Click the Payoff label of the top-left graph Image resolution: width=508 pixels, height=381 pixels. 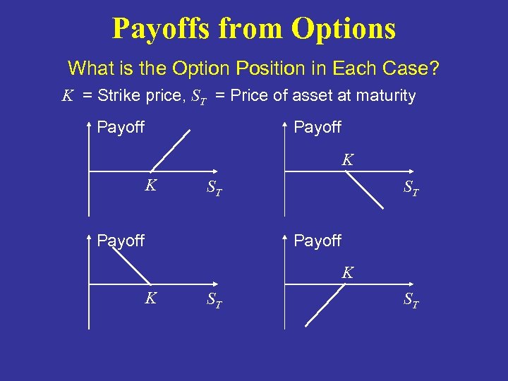click(x=121, y=128)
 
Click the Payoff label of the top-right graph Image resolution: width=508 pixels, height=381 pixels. click(x=317, y=128)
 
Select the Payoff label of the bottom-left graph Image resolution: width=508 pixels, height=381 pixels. click(x=121, y=241)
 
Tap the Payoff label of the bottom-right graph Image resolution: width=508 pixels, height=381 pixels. click(x=317, y=241)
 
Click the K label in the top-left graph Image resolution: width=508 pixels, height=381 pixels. click(x=150, y=186)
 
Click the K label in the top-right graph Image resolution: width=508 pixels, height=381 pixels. click(x=348, y=160)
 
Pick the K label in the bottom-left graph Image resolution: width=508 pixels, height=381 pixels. click(x=150, y=298)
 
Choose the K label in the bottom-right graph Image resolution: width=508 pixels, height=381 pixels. click(x=348, y=272)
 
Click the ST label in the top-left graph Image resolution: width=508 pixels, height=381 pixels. click(x=214, y=188)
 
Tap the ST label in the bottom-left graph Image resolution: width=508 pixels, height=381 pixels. click(x=214, y=301)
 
